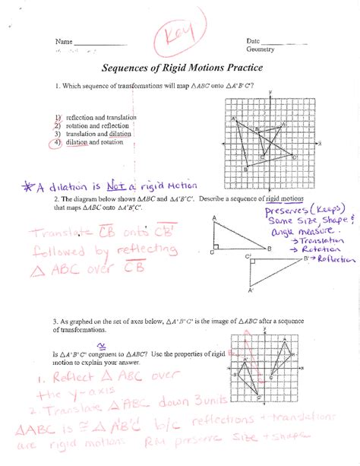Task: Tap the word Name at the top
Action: tap(63, 41)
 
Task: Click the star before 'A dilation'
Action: tap(28, 185)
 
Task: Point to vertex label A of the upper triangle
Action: tap(215, 219)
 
